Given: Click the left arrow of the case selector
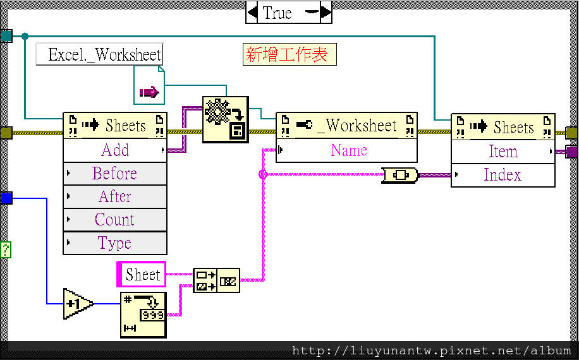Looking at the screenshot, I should click(252, 12).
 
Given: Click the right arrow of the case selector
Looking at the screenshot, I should click(326, 12).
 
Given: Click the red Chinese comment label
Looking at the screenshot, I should click(289, 54).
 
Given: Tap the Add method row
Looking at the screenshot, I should click(115, 150).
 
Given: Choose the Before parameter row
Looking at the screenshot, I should click(115, 174).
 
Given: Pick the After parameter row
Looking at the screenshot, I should click(115, 197).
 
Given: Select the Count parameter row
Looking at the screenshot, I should click(115, 220).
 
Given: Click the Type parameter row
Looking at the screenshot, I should click(115, 243).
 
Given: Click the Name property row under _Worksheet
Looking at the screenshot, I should click(347, 151).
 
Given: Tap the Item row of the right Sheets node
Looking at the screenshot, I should click(503, 152).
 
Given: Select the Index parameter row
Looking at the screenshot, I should click(503, 175).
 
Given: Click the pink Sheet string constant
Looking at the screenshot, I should click(142, 275).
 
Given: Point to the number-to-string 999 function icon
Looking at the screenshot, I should click(143, 315).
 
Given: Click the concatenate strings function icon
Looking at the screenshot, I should click(216, 280).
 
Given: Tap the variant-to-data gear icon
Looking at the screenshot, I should click(226, 119).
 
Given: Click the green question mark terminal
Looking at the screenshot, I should click(6, 249).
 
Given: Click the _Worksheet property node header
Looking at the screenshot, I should click(346, 125).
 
